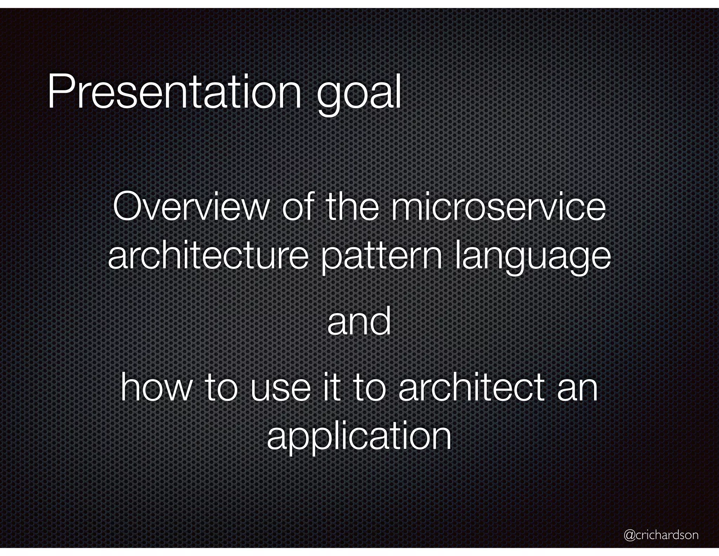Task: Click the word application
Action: click(359, 438)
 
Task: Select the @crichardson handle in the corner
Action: click(661, 535)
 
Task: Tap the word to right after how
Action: click(221, 388)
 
